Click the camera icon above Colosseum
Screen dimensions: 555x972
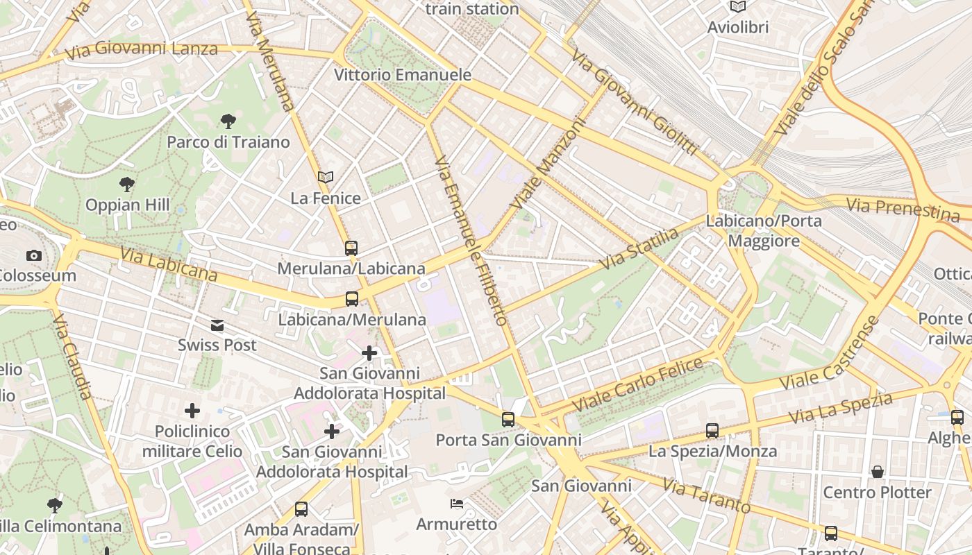[33, 256]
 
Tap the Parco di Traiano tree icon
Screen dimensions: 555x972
[228, 122]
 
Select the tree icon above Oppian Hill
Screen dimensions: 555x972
[126, 185]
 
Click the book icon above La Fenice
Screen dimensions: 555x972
[326, 178]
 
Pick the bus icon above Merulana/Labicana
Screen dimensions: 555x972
[351, 248]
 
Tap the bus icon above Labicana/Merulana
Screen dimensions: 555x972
[352, 299]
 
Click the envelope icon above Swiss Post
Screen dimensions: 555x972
[217, 325]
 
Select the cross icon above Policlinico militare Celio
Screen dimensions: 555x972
[192, 411]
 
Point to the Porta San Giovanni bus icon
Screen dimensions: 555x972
[508, 419]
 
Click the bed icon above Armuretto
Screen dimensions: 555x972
[457, 504]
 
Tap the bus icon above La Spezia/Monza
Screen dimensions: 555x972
[712, 431]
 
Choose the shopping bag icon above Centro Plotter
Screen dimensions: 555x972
[878, 472]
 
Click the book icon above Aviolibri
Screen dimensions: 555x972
[737, 7]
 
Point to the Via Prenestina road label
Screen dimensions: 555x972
[903, 208]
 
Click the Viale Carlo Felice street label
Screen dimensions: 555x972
[637, 386]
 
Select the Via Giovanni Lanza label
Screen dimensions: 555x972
[141, 50]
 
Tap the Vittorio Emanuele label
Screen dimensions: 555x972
[403, 75]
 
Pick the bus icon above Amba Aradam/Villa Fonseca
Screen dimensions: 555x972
[301, 509]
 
